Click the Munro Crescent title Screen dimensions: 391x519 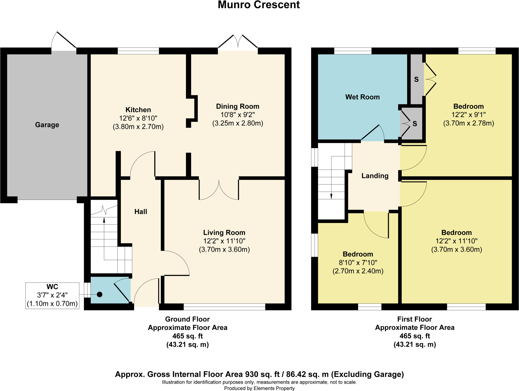(x=259, y=5)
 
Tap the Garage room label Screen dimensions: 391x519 (x=47, y=125)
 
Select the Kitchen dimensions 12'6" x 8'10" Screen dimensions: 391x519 (x=138, y=118)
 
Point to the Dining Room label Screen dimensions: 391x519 (x=237, y=106)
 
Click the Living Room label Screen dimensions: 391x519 (x=224, y=233)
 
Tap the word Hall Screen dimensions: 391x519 (x=141, y=212)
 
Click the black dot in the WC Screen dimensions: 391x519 (x=100, y=294)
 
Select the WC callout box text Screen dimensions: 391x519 (x=52, y=295)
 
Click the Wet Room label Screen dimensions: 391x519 (x=362, y=97)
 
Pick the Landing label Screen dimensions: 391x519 (x=375, y=176)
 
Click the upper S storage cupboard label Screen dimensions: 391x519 (x=416, y=80)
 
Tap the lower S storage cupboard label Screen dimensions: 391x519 (x=415, y=124)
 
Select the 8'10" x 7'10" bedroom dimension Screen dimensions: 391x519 (x=358, y=263)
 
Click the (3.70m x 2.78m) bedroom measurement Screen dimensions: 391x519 (x=468, y=123)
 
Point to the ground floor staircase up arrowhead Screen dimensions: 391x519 (x=104, y=220)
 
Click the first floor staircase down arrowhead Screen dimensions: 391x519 (x=331, y=196)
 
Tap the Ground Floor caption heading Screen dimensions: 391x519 (x=187, y=319)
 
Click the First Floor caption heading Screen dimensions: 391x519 (x=414, y=319)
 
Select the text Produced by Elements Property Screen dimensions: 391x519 (x=259, y=388)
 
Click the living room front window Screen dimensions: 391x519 (x=224, y=307)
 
